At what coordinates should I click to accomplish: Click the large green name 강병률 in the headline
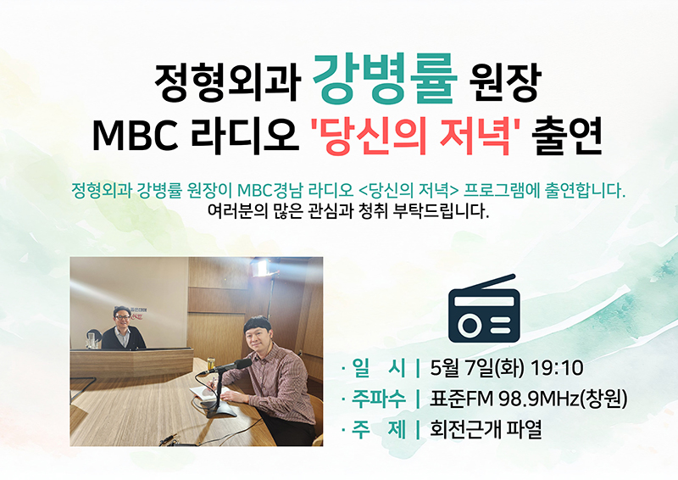click(385, 79)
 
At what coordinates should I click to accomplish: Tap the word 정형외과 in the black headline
click(227, 83)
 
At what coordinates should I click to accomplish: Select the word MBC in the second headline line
click(135, 136)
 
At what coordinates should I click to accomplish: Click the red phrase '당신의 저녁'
click(416, 135)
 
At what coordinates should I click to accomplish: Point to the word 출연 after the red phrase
click(568, 135)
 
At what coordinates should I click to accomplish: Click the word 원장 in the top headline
click(506, 83)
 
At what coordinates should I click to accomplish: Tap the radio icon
click(484, 308)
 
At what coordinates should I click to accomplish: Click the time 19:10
click(557, 368)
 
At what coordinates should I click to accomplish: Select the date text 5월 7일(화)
click(477, 368)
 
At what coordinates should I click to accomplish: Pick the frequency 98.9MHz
click(539, 399)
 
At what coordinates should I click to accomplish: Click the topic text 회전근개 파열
click(486, 429)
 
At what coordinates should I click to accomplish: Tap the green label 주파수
click(378, 399)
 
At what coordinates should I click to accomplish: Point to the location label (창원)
click(603, 399)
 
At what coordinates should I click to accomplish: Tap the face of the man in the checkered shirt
click(258, 338)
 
